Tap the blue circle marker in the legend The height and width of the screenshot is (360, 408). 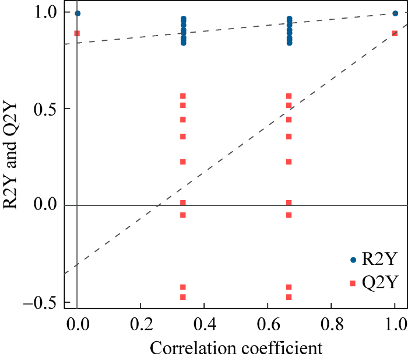coord(353,260)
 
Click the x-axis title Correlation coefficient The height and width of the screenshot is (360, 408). coord(236,348)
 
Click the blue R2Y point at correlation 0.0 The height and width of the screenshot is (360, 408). coord(78,13)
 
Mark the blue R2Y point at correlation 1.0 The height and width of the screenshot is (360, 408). coord(395,13)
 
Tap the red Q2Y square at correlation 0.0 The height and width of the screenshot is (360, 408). coord(77,33)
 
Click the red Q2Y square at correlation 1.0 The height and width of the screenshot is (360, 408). coord(395,33)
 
